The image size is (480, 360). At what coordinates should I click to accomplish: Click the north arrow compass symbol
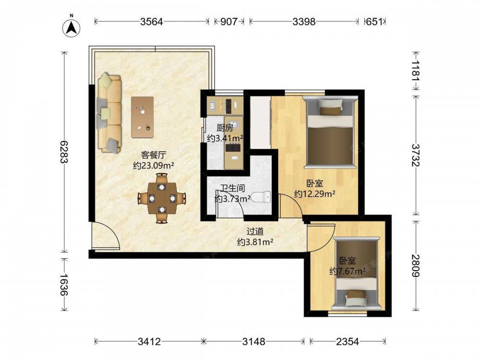click(72, 28)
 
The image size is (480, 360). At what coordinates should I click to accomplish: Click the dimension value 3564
click(152, 22)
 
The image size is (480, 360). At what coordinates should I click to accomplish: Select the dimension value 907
click(228, 22)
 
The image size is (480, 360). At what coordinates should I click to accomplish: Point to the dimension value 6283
click(64, 152)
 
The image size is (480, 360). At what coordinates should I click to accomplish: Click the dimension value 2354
click(348, 341)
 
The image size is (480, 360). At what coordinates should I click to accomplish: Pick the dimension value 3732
click(415, 155)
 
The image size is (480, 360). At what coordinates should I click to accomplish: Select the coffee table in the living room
click(143, 117)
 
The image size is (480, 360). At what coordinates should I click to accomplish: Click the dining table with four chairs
click(162, 198)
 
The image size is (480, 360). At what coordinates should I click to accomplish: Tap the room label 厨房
click(225, 128)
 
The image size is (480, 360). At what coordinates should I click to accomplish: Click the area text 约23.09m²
click(154, 166)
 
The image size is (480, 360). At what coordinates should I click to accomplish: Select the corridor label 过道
click(255, 231)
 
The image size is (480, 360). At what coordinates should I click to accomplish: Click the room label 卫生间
click(233, 188)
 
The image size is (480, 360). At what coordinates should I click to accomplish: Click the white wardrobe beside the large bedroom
click(261, 122)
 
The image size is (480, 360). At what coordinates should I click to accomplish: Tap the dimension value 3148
click(253, 341)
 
